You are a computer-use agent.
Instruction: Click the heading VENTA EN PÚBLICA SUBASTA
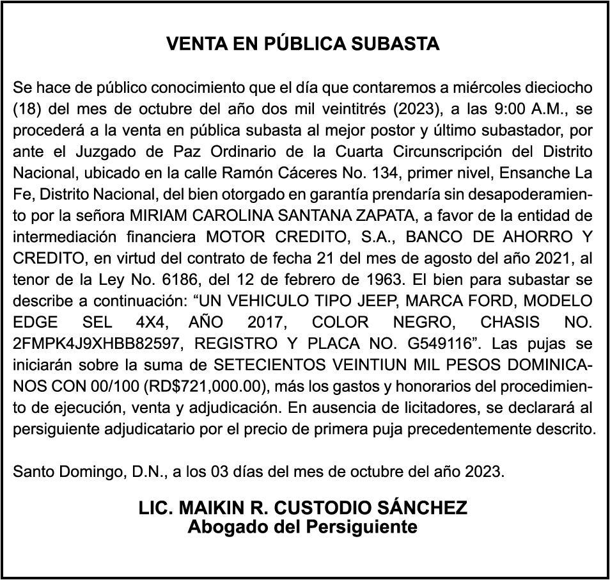pyautogui.click(x=303, y=44)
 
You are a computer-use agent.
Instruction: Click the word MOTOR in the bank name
pyautogui.click(x=237, y=237)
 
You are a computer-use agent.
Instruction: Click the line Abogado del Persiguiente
pyautogui.click(x=303, y=528)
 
